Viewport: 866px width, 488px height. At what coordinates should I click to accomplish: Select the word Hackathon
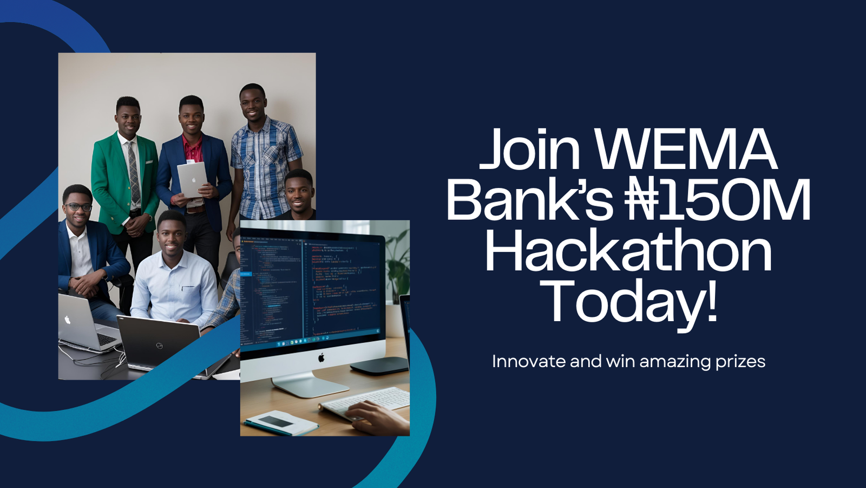pos(628,251)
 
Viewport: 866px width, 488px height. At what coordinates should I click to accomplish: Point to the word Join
pos(530,149)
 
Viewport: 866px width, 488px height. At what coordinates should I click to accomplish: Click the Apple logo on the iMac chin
pos(321,357)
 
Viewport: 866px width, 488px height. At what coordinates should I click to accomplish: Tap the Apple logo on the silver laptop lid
pos(68,320)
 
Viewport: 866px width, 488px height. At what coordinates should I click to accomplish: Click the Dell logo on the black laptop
pos(159,345)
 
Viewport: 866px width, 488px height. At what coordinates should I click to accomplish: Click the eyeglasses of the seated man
pos(78,207)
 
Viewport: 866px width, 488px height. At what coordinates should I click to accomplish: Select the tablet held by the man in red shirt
pos(192,179)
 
